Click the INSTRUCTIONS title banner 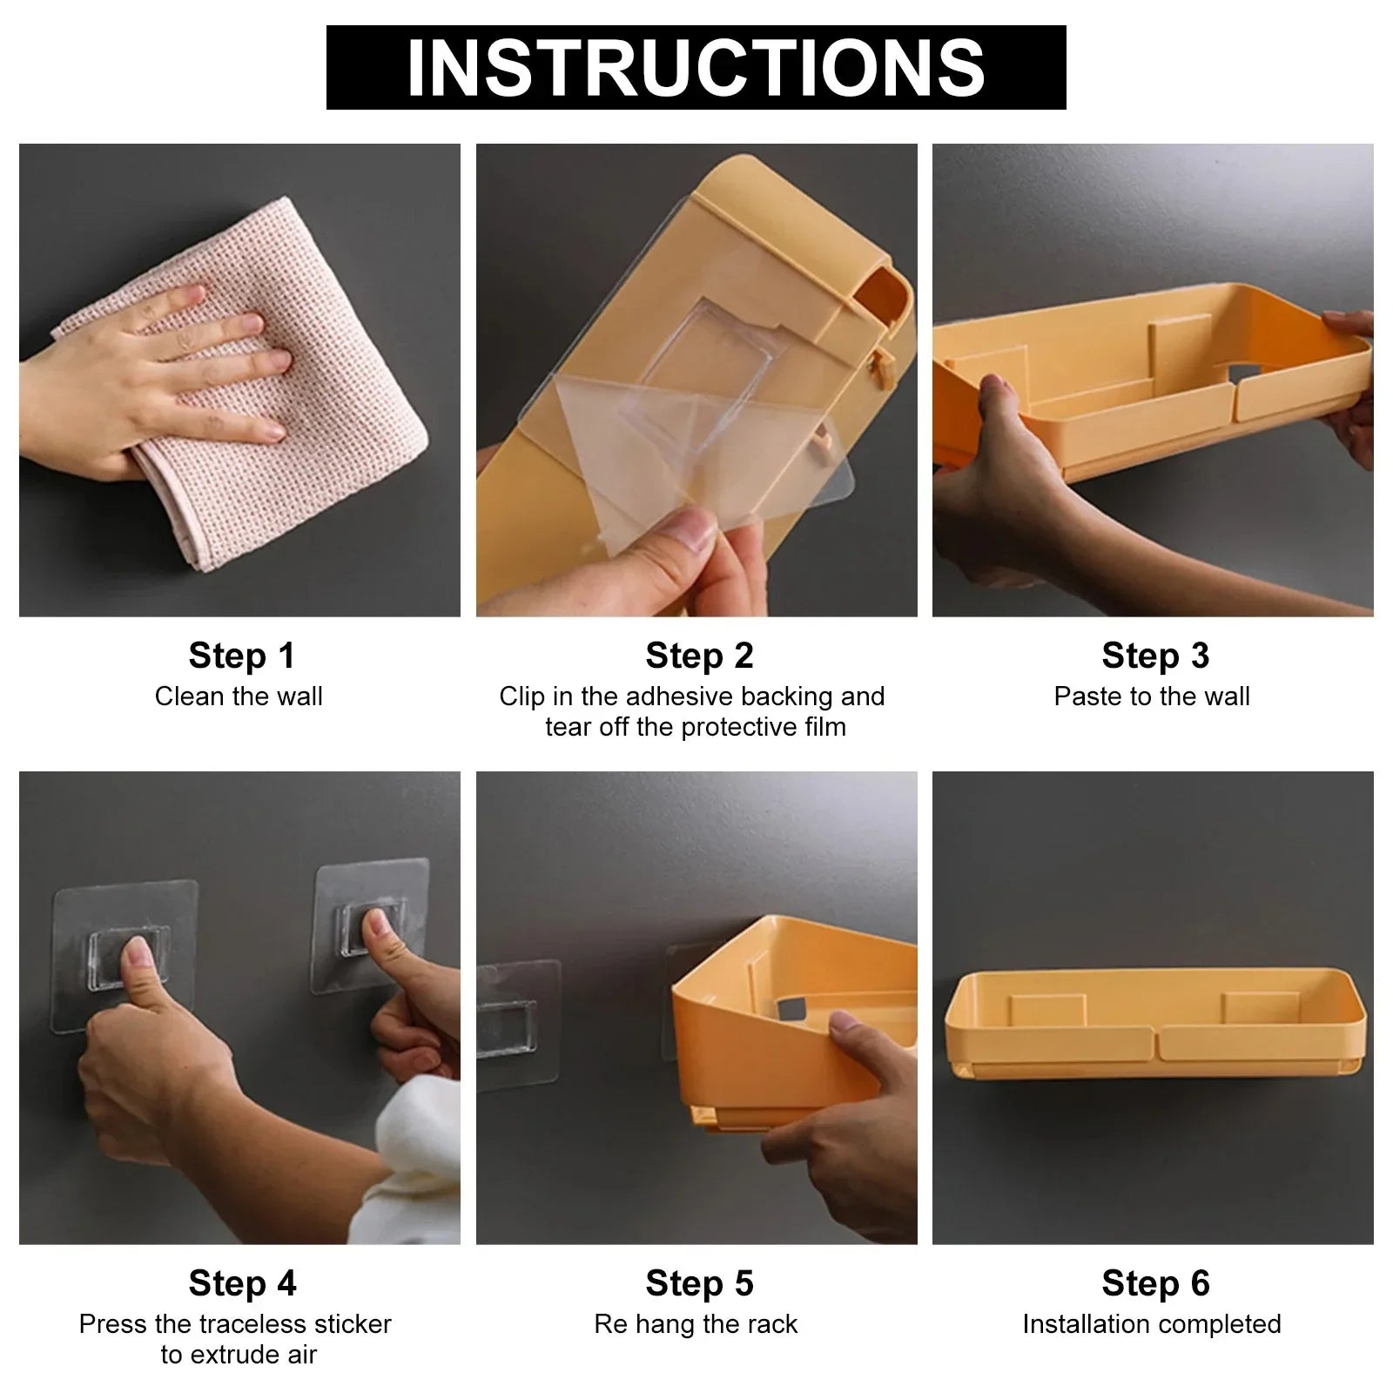tap(696, 67)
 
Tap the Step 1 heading tap(242, 656)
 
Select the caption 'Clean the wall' tap(239, 696)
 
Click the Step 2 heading tap(699, 656)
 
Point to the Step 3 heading tap(1155, 656)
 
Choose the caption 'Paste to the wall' tap(1152, 696)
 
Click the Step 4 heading tap(242, 1283)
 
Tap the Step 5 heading tap(699, 1283)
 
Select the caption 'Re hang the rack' tap(696, 1324)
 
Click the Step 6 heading tap(1155, 1283)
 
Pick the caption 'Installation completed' tap(1152, 1324)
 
